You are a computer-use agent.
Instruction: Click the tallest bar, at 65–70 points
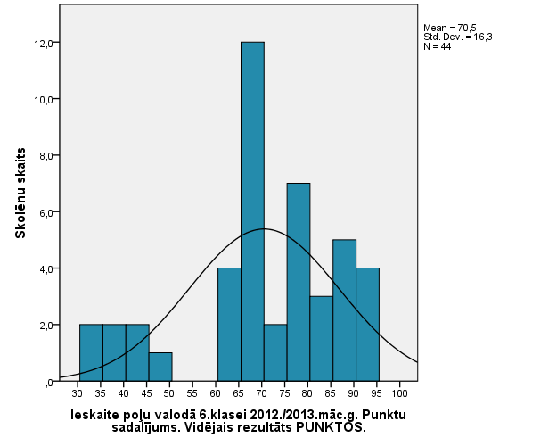point(252,211)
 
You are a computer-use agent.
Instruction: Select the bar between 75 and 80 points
point(299,282)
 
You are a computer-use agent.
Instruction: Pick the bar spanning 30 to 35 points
point(91,352)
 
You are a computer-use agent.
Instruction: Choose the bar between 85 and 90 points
point(344,310)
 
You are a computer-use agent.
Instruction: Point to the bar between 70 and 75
point(275,352)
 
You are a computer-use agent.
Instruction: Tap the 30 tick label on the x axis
point(79,392)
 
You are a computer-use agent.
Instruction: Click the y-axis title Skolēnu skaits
point(19,193)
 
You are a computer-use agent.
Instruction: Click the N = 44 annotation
point(437,46)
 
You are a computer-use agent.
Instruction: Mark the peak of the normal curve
point(264,229)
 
